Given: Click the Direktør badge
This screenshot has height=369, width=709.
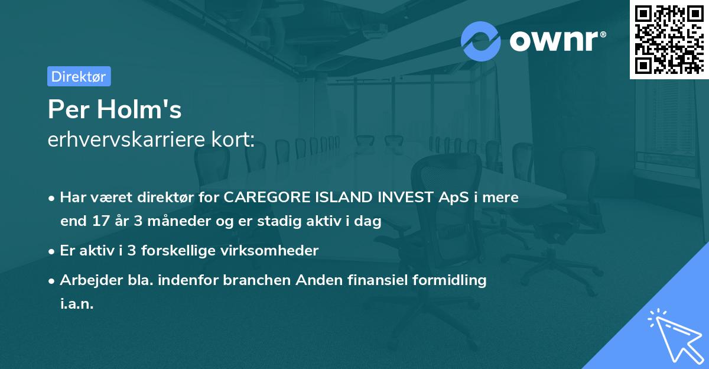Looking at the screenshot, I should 79,76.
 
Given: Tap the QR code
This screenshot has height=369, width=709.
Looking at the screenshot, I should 669,39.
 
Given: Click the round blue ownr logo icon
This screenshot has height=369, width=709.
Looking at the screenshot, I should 481,41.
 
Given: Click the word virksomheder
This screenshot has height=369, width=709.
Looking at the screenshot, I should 278,251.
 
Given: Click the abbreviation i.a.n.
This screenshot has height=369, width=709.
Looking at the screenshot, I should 77,304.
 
